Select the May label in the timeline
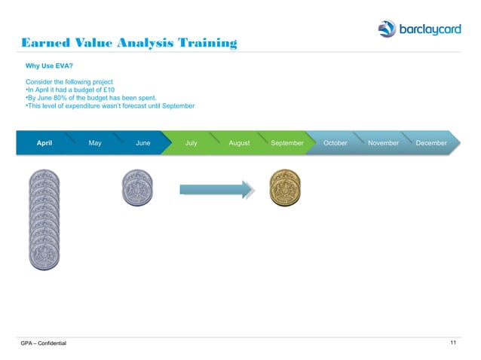coord(95,143)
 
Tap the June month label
coord(142,143)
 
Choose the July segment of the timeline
coord(191,143)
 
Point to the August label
coord(239,143)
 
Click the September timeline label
coord(287,143)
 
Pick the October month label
coord(335,143)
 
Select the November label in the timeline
coord(383,143)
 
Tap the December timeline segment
coord(431,143)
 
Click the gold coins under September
coord(284,188)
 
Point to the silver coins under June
coord(136,188)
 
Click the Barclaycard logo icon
coord(387,29)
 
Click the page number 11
coord(453,343)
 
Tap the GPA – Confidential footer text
coord(44,344)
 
